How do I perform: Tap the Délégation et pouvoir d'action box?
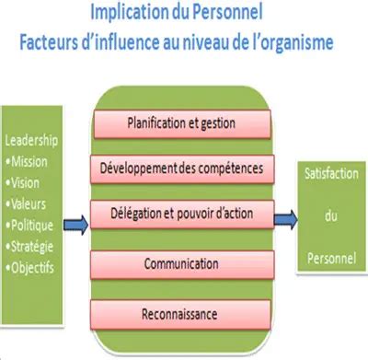[x=180, y=215]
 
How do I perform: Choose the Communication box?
[x=180, y=264]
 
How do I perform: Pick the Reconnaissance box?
[x=180, y=313]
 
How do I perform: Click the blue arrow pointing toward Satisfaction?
[x=285, y=217]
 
